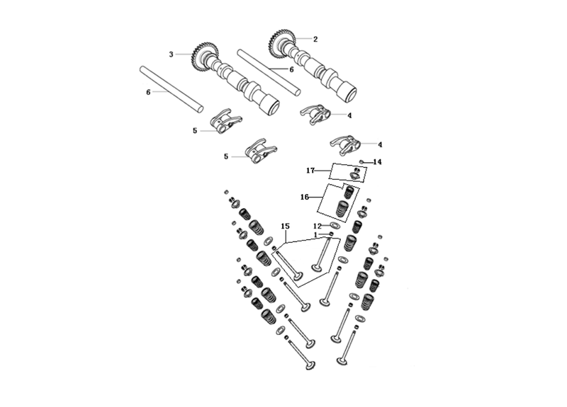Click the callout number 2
coord(315,39)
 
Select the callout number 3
coord(171,55)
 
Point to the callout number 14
coord(377,162)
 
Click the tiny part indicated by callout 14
coord(361,161)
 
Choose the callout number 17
coord(310,171)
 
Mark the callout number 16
coord(305,197)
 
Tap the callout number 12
coord(317,227)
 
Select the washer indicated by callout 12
coord(335,225)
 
